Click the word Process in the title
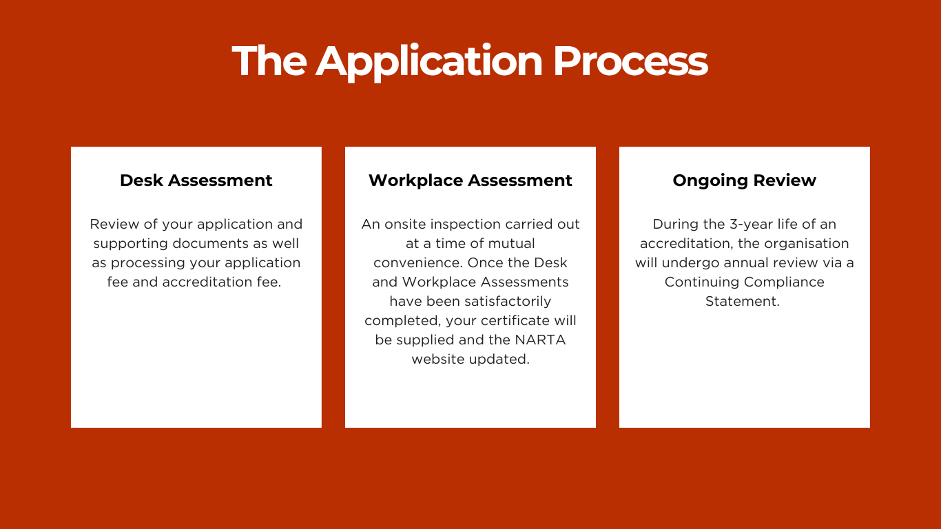(x=630, y=61)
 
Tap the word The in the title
(x=269, y=61)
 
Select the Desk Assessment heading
(x=196, y=180)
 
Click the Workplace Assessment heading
(x=470, y=180)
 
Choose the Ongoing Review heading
(x=745, y=181)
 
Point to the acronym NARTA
(x=540, y=340)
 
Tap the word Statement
(x=743, y=301)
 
